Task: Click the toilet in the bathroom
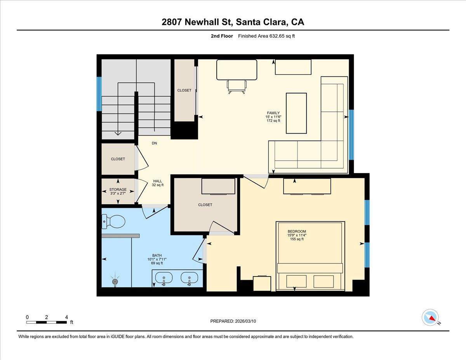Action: (114, 222)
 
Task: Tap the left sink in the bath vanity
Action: (163, 278)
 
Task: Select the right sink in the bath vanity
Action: (189, 278)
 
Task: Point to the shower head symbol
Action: (115, 282)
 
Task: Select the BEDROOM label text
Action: (297, 231)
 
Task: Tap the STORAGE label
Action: (118, 190)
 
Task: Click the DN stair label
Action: (154, 143)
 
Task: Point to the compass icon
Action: (430, 317)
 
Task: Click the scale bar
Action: (47, 322)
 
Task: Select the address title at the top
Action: (233, 22)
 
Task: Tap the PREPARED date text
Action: (233, 321)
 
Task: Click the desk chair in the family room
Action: (236, 86)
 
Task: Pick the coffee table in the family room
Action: (296, 113)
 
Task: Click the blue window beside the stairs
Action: (99, 94)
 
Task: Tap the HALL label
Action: (157, 181)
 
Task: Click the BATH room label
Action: (157, 255)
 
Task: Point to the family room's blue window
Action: (351, 135)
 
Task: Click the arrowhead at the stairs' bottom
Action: (118, 134)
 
